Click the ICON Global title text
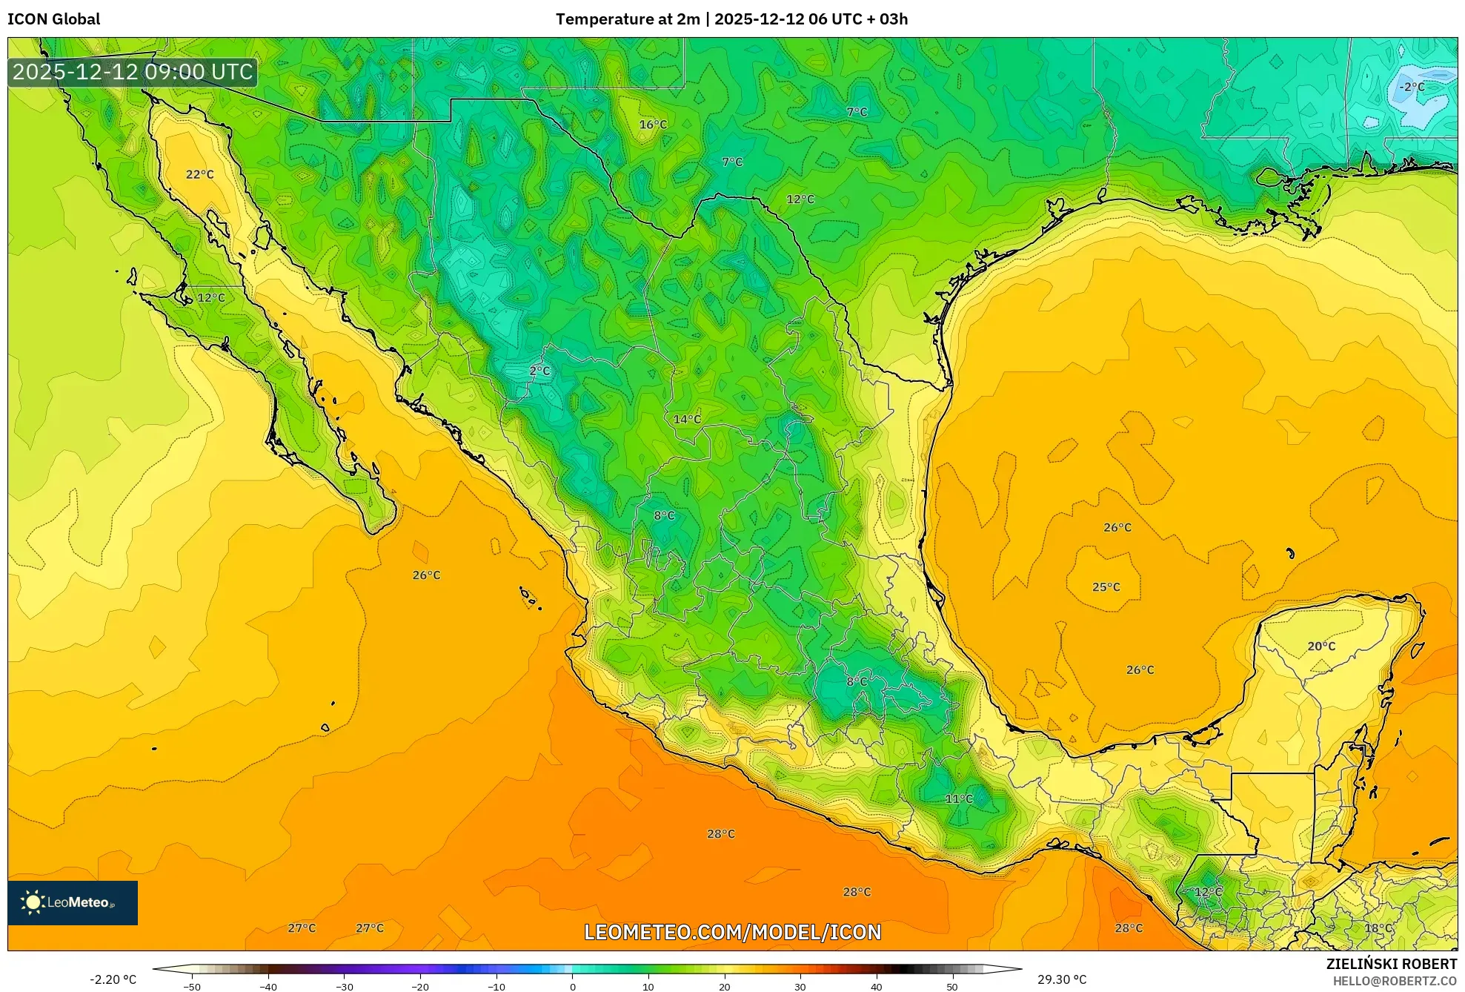coord(53,19)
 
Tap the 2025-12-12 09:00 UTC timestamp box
coord(133,72)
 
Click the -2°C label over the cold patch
coord(1411,87)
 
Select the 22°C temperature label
coord(199,174)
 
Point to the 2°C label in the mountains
coord(539,371)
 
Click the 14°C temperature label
coord(686,420)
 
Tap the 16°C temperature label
coord(653,125)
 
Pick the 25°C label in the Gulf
coord(1106,587)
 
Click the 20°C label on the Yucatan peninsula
coord(1321,647)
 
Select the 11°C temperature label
coord(959,798)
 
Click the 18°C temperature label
coord(1378,928)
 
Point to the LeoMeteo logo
coord(73,902)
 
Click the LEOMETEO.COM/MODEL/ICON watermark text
coord(732,932)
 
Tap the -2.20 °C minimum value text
coord(113,979)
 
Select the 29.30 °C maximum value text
coord(1061,979)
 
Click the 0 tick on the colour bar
coord(572,987)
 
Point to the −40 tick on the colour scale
coord(268,987)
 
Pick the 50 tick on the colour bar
coord(951,987)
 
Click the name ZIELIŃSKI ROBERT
coord(1391,964)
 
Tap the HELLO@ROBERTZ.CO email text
coord(1395,981)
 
